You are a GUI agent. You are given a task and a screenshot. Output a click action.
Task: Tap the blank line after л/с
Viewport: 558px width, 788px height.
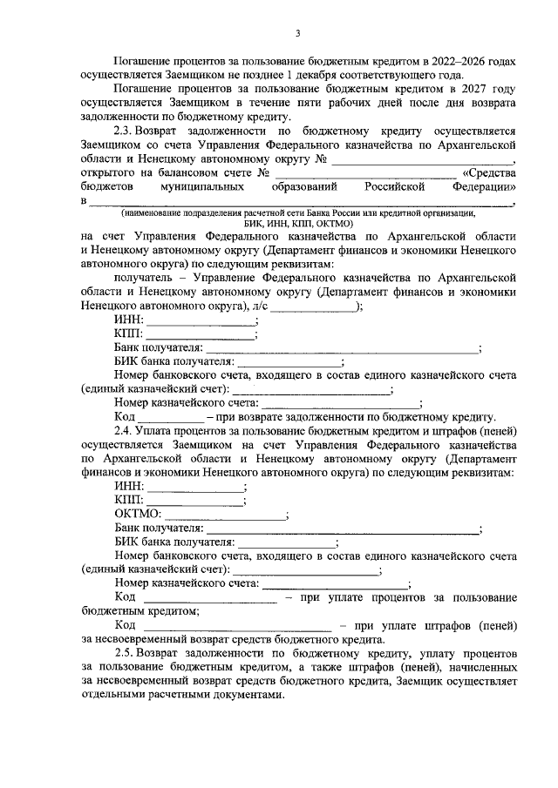tap(316, 308)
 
